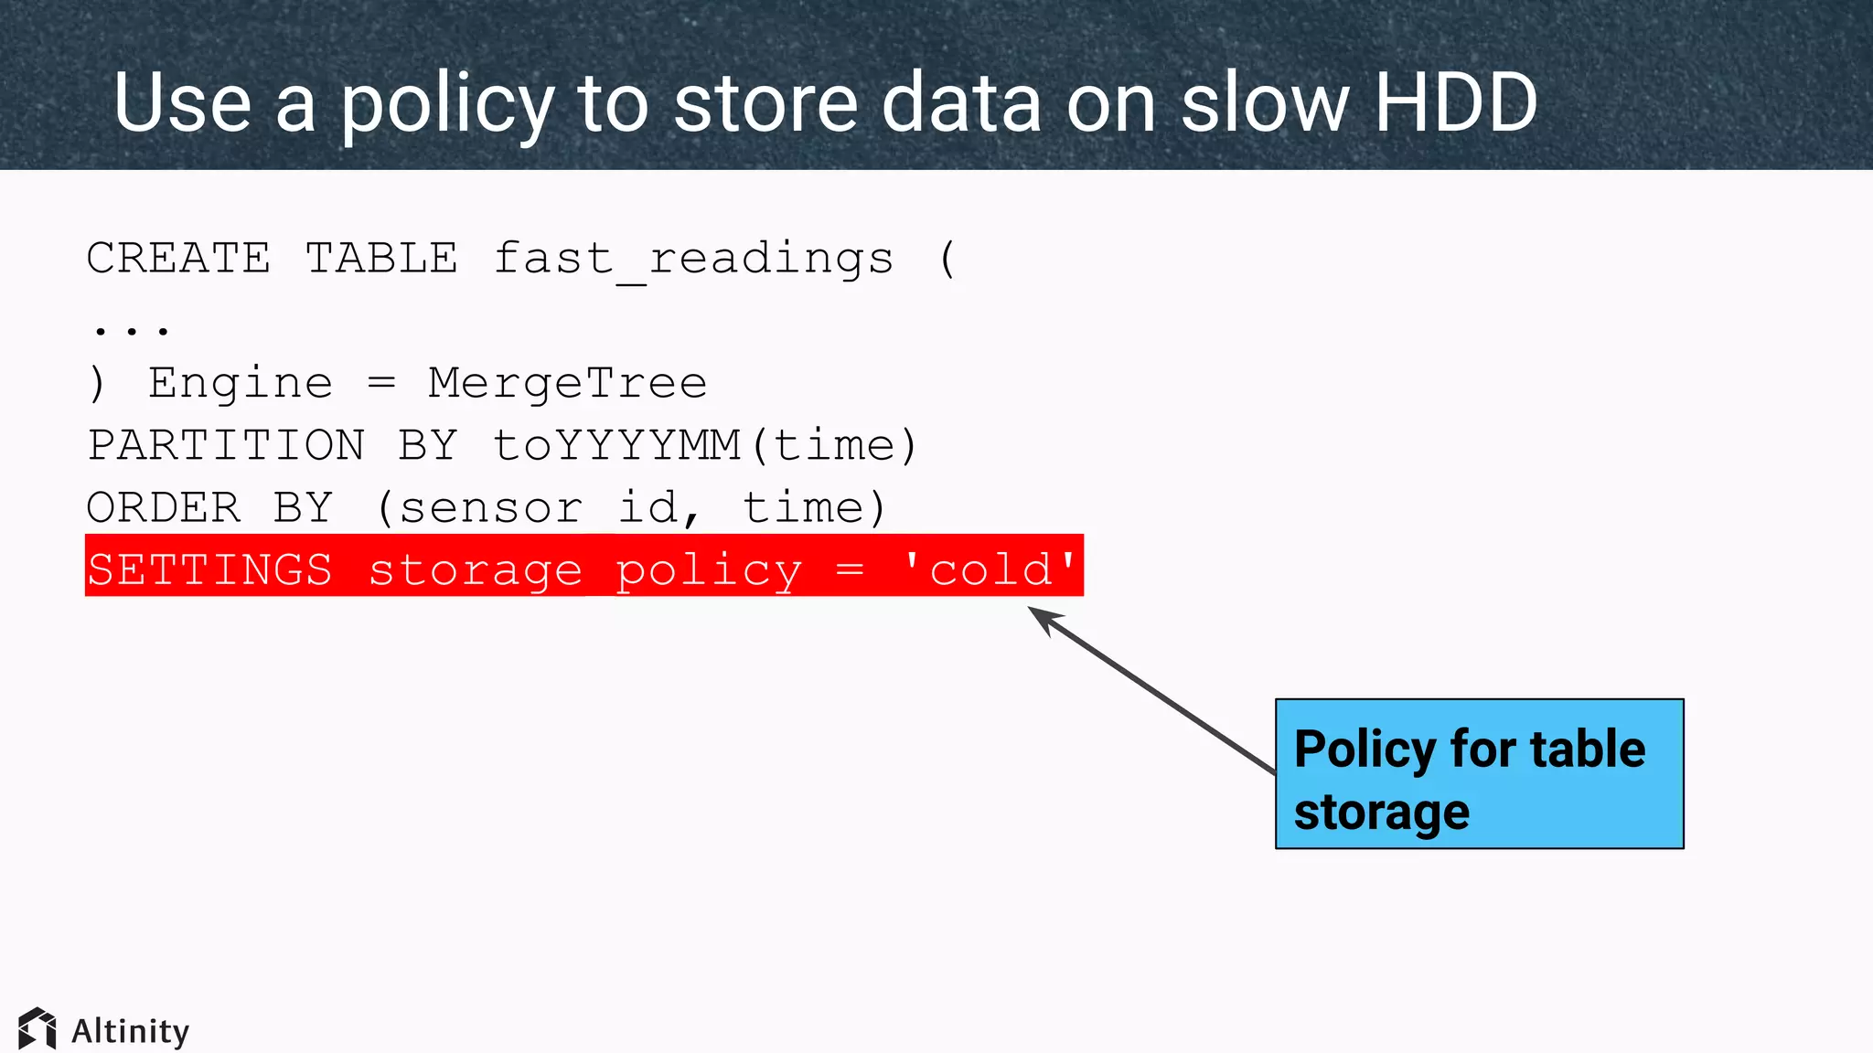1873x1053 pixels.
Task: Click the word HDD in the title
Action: [x=1456, y=102]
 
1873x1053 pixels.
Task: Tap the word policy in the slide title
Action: [x=447, y=106]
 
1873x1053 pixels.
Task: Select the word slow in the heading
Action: [x=1265, y=102]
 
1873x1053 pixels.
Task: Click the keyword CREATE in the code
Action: [x=179, y=258]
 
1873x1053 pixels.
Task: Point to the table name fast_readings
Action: [x=693, y=260]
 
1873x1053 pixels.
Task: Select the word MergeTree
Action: [x=567, y=383]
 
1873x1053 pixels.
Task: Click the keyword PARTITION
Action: [x=226, y=445]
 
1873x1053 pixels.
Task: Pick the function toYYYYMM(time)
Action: [x=704, y=446]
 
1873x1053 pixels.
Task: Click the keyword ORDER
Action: [x=164, y=507]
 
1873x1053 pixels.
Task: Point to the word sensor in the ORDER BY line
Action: [x=490, y=508]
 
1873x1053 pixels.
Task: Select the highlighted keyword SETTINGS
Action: [x=209, y=569]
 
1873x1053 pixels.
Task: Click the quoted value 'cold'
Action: [x=990, y=569]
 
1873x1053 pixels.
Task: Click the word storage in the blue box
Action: [x=1381, y=812]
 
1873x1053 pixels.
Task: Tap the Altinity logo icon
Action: [x=37, y=1029]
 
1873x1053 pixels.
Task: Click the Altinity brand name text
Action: [x=130, y=1031]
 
